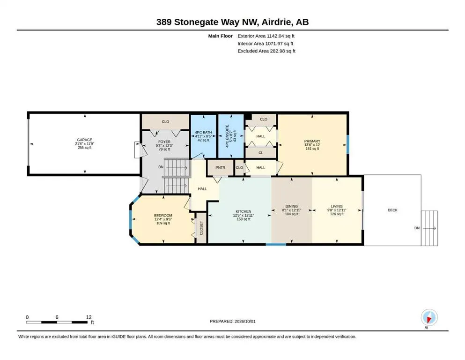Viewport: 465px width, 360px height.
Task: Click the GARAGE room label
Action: click(84, 140)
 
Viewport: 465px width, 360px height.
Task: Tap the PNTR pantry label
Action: click(221, 168)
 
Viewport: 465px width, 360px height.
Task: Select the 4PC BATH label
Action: click(203, 132)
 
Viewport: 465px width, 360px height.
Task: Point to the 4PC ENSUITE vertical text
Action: click(228, 136)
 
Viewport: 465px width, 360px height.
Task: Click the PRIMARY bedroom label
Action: click(312, 141)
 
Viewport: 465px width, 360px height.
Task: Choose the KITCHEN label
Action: click(244, 211)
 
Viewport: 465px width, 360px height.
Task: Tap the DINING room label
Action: click(292, 206)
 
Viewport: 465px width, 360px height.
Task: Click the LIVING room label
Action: click(337, 206)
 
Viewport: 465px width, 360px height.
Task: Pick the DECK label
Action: click(392, 210)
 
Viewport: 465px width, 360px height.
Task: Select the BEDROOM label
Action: click(163, 216)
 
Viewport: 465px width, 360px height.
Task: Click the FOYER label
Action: click(164, 142)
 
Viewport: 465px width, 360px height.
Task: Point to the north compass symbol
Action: click(429, 317)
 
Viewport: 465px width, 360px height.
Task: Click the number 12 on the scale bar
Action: click(89, 317)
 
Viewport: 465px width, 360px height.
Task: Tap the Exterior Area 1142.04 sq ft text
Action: click(266, 36)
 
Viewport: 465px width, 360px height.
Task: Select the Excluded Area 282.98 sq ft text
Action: click(266, 51)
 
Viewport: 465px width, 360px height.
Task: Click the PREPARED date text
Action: click(232, 322)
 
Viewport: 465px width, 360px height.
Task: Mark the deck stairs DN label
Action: click(417, 228)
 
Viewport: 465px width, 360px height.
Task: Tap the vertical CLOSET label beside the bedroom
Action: click(201, 228)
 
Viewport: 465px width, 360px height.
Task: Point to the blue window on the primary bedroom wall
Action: click(348, 144)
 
